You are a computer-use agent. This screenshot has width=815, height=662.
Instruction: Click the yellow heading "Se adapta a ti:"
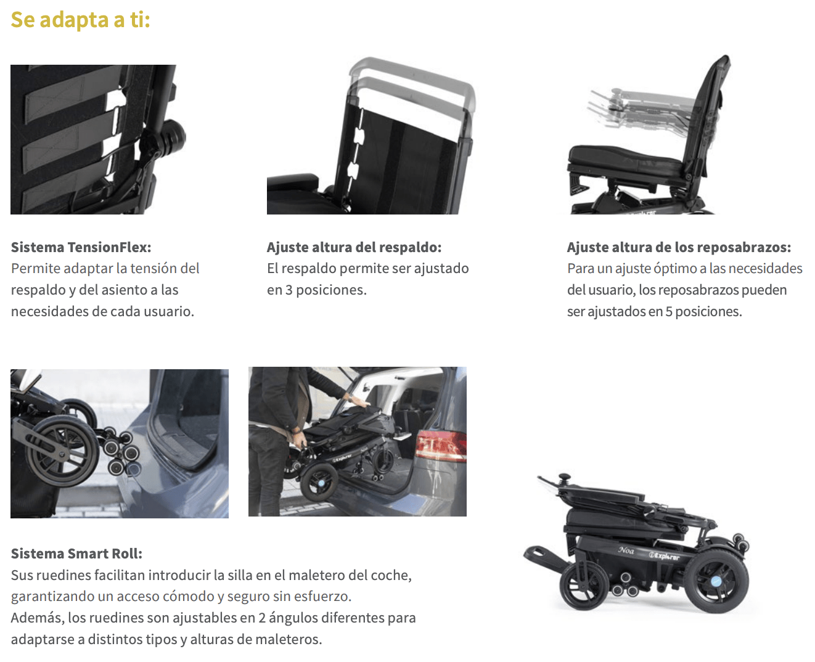[80, 20]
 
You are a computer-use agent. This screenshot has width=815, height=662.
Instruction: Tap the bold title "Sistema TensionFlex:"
[81, 247]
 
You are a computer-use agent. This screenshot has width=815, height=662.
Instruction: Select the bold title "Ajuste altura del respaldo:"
[354, 247]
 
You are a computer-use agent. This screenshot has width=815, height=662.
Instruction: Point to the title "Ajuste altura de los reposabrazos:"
[679, 247]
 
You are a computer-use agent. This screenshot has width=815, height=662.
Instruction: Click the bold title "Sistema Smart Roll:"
[76, 554]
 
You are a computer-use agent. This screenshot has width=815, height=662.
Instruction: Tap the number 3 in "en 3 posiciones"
[289, 290]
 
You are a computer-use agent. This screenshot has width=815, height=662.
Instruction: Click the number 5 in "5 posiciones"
[668, 312]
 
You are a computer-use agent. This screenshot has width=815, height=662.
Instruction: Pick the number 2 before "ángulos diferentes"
[262, 618]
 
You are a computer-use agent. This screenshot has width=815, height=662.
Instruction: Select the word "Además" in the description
[38, 618]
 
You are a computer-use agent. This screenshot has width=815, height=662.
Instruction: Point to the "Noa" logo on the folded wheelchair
[626, 550]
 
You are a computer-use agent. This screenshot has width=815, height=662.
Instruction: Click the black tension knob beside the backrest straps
[174, 137]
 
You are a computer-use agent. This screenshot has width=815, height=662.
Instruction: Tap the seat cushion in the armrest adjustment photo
[626, 158]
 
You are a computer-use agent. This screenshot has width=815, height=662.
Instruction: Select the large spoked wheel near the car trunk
[61, 452]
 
